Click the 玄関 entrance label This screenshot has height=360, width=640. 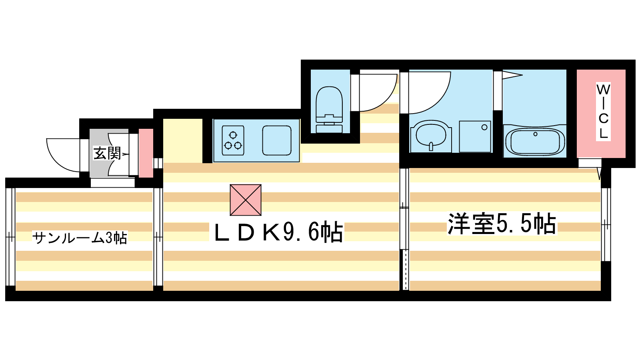pos(107,153)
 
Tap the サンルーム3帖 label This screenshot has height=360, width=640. pos(80,238)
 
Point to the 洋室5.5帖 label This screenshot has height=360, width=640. pos(502,224)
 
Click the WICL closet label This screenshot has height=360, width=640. pos(603,111)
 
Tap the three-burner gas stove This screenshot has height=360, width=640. pos(233,140)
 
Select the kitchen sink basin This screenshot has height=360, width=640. pos(277,140)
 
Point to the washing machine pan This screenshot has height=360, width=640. pos(475,136)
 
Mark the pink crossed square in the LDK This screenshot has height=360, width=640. pos(246,200)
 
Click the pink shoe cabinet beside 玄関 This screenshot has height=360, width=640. pos(146,153)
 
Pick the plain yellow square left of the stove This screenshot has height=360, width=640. pos(182,140)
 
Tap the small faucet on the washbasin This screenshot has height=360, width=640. pos(431,146)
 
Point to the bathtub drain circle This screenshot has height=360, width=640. pos(535,134)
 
